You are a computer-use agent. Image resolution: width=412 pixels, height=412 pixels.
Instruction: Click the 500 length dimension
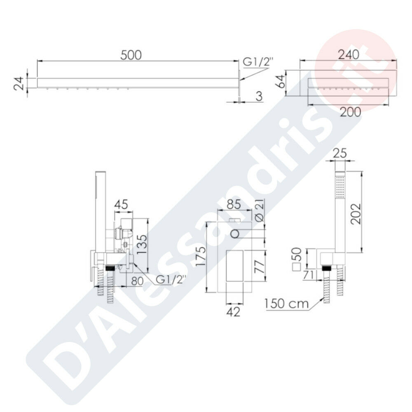click(131, 55)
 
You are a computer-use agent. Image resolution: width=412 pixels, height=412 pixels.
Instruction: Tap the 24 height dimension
click(19, 83)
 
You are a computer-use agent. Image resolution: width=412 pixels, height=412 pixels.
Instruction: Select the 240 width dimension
click(349, 55)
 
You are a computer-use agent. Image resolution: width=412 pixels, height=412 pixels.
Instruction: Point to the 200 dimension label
click(351, 112)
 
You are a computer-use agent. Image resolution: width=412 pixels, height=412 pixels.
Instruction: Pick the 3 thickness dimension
click(259, 96)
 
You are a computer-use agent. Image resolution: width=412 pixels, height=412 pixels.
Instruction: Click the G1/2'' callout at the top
click(258, 62)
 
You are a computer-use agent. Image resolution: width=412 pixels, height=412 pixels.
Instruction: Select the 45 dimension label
click(121, 204)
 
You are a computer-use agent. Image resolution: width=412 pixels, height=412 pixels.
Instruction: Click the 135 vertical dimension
click(142, 244)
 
